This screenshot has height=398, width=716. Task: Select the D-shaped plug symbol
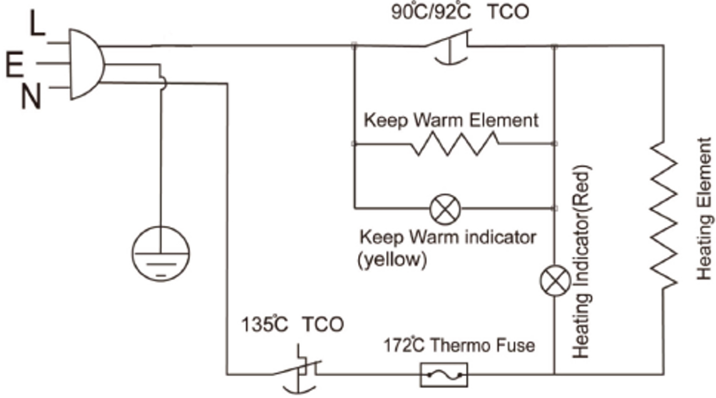tap(84, 64)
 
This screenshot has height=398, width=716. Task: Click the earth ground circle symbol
tap(161, 253)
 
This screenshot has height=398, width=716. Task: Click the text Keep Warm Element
tap(451, 120)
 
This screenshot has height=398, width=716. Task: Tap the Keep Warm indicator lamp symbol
tap(446, 208)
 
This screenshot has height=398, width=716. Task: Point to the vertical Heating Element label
tap(704, 209)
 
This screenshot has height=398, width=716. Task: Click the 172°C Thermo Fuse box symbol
tap(444, 375)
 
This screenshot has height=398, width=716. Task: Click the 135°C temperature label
tap(265, 325)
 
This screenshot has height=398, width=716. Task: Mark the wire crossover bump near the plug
tap(163, 83)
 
